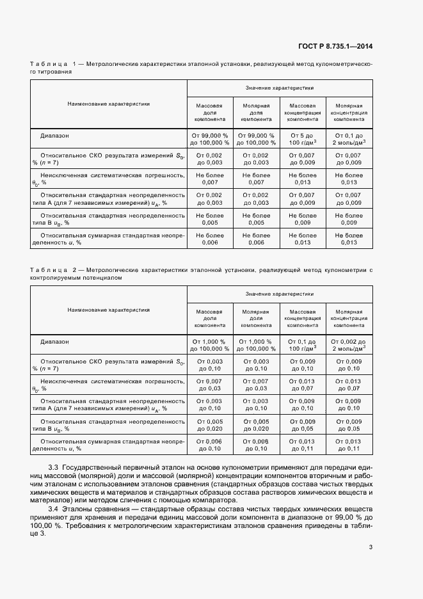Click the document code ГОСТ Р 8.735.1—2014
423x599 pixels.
click(336, 47)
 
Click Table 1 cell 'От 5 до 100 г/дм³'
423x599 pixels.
click(302, 139)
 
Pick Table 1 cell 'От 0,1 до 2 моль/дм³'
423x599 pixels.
click(349, 139)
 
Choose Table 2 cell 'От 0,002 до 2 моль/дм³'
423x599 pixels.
click(349, 346)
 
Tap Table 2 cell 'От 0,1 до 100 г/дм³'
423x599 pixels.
click(302, 346)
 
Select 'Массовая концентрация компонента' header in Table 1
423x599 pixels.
click(302, 112)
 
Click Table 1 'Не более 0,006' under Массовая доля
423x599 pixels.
click(210, 239)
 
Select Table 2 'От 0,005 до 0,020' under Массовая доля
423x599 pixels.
click(210, 425)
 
